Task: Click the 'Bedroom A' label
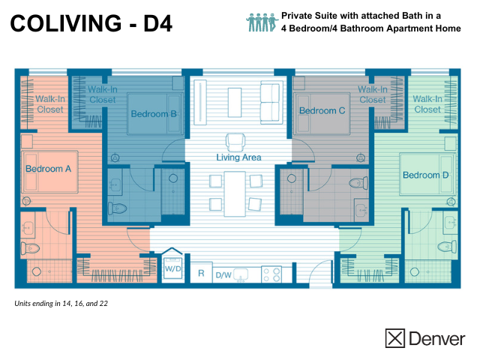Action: (x=48, y=169)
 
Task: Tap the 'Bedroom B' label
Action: (x=154, y=114)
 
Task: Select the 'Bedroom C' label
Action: (x=322, y=111)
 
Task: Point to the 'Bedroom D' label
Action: (x=425, y=175)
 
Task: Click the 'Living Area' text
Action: (x=238, y=157)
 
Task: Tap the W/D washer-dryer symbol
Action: (x=172, y=267)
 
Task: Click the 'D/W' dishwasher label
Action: (x=223, y=275)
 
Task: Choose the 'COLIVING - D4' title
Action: (x=91, y=24)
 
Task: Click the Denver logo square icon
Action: (x=394, y=338)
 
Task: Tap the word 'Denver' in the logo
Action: (x=436, y=338)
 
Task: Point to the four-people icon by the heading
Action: (x=262, y=21)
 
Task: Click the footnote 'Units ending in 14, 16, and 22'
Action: (x=62, y=304)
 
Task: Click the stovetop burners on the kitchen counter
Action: (x=271, y=274)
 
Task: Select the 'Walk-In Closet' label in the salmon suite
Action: (x=49, y=103)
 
